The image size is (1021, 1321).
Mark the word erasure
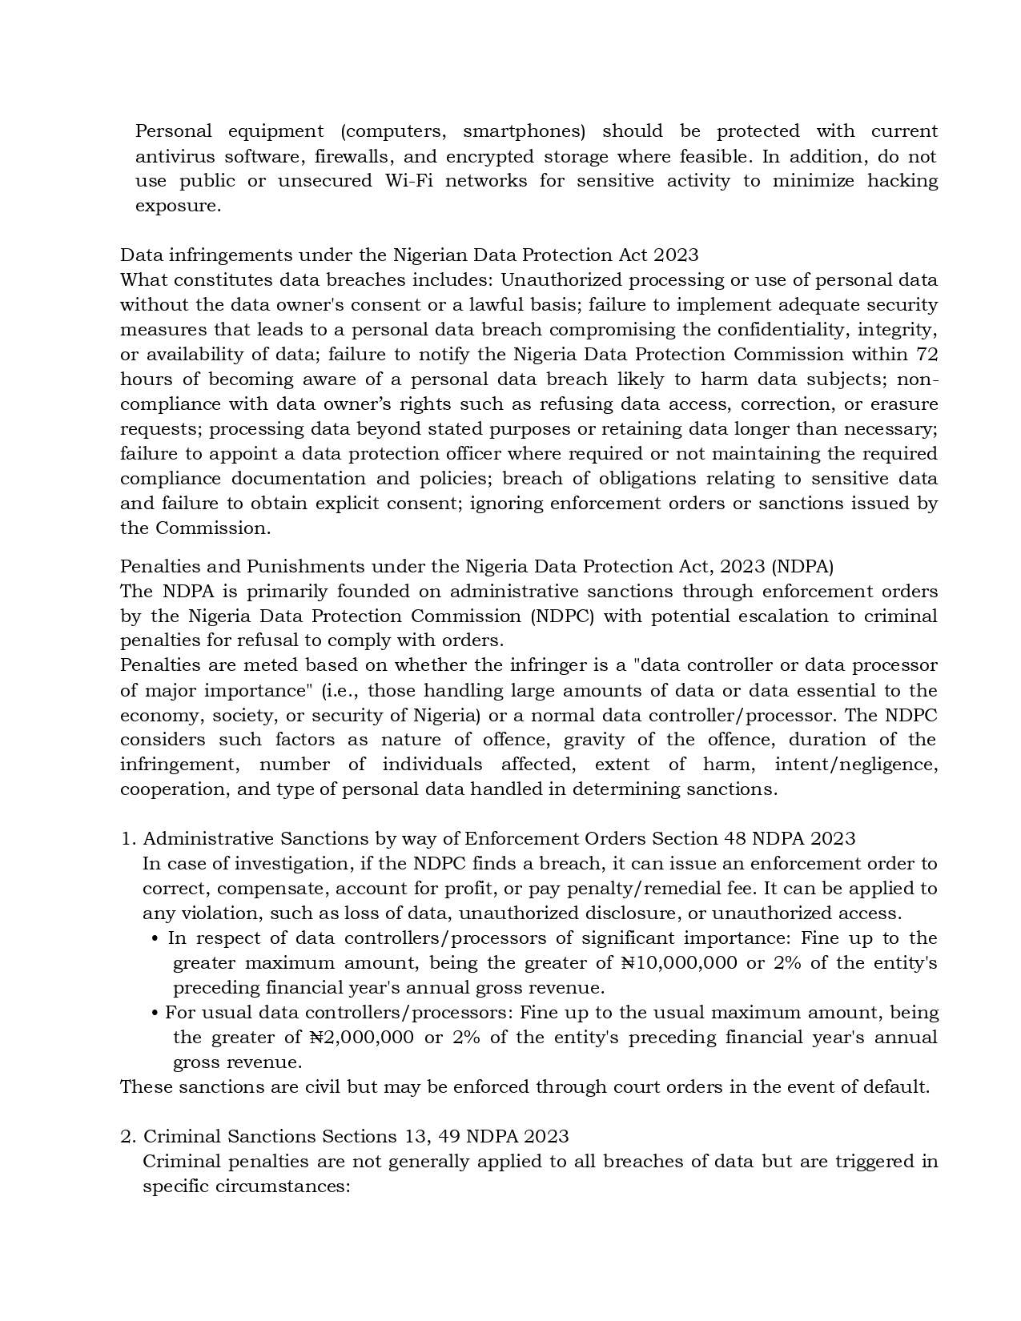903,404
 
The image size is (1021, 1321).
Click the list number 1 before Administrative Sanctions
126,839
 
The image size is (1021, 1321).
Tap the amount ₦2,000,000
361,1038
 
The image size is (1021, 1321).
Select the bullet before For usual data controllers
155,1014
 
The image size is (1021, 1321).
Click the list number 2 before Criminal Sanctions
127,1137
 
